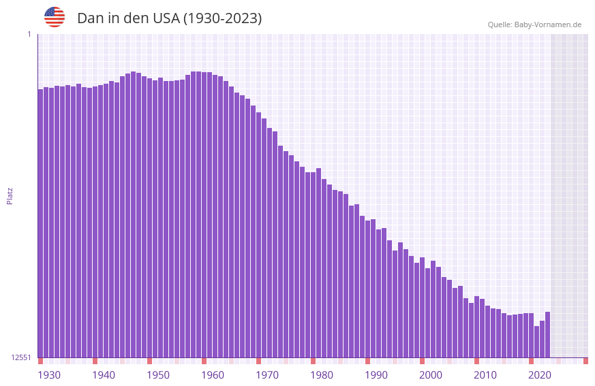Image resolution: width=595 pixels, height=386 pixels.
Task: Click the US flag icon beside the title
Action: click(55, 17)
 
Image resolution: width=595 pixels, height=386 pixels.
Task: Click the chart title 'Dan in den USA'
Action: click(169, 18)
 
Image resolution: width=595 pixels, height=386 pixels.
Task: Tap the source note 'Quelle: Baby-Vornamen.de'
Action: click(534, 25)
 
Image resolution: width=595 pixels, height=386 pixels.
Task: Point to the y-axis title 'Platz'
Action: click(10, 195)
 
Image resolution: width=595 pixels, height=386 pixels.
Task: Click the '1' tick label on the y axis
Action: click(29, 34)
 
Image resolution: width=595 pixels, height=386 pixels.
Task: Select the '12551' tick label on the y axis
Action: click(21, 357)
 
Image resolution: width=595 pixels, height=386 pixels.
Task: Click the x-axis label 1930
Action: click(49, 374)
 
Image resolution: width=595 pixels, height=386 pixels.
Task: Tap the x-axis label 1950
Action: click(158, 374)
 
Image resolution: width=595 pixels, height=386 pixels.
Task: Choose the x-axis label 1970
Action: click(267, 374)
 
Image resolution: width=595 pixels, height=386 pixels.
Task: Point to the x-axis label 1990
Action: click(376, 374)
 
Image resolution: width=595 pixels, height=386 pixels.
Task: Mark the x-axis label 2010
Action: click(485, 374)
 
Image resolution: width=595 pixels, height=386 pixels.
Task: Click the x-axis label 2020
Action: click(540, 374)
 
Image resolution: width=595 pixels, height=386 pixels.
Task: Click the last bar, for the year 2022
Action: click(547, 334)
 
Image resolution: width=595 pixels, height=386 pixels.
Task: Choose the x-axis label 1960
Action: click(213, 374)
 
